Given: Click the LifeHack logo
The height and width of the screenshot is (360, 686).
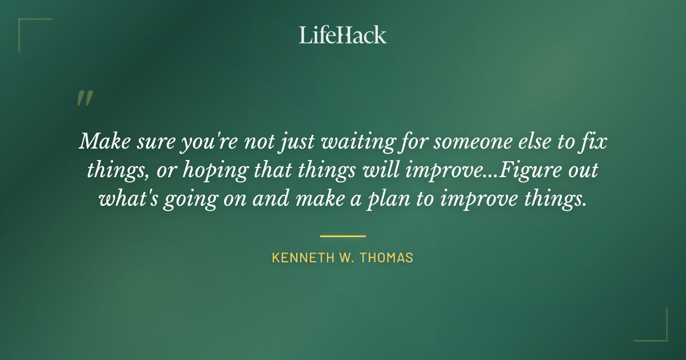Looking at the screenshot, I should tap(343, 35).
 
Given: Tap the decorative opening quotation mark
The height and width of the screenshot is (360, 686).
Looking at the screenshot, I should tap(84, 98).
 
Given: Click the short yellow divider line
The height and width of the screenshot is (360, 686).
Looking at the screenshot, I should tap(343, 235).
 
